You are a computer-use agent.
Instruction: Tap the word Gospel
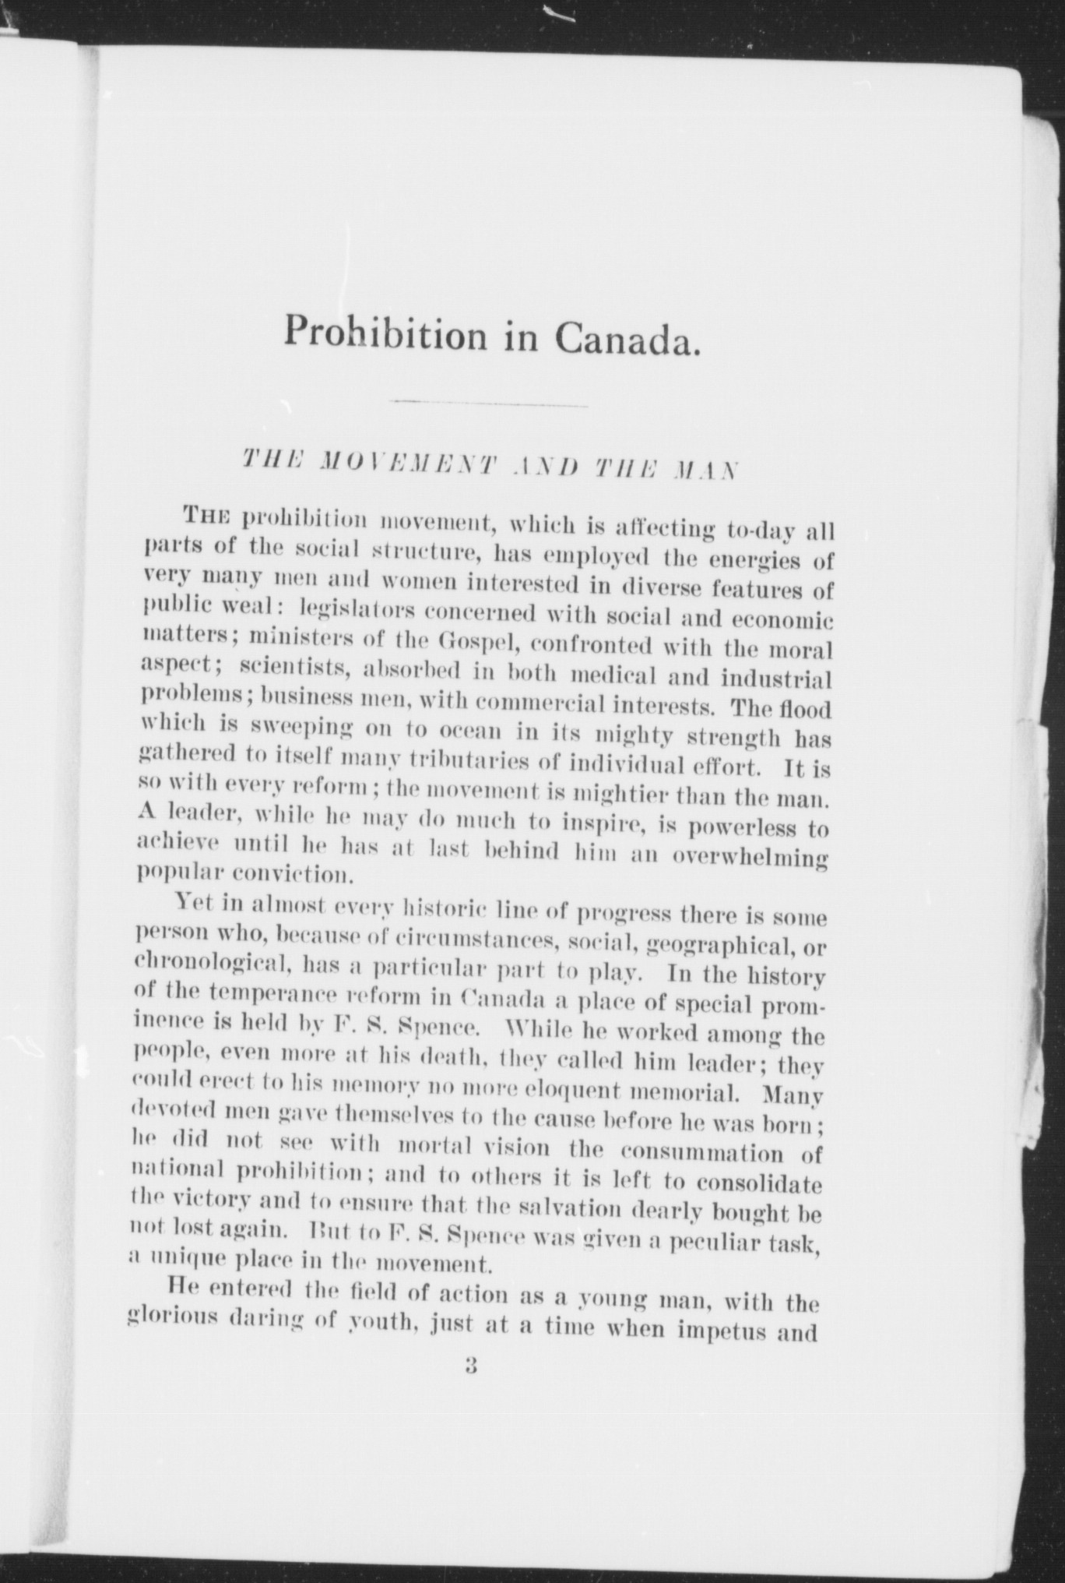click(469, 643)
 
